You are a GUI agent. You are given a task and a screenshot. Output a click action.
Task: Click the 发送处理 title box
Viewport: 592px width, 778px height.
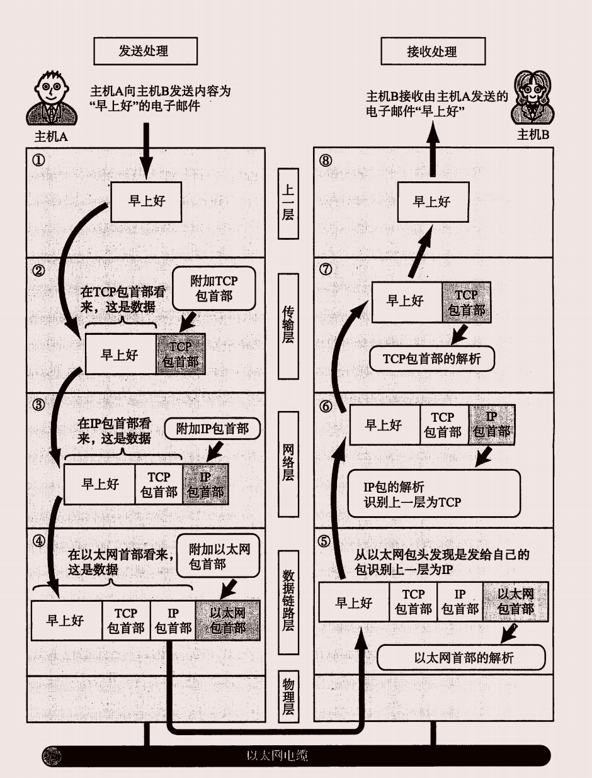pos(145,51)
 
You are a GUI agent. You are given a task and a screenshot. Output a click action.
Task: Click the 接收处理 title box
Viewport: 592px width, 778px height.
pos(433,51)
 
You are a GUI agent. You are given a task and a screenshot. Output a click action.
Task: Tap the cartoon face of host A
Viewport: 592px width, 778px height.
pos(52,90)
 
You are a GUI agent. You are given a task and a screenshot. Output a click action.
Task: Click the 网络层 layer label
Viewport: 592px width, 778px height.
pos(288,463)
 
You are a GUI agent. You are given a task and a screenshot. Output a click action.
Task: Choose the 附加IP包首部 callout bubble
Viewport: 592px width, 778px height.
pos(211,429)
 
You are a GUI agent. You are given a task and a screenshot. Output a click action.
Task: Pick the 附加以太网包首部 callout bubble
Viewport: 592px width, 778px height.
pos(219,556)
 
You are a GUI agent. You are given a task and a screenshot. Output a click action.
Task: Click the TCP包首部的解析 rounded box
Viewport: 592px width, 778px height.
pos(431,358)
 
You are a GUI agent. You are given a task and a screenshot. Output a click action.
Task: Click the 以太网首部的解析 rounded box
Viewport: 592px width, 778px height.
pos(460,658)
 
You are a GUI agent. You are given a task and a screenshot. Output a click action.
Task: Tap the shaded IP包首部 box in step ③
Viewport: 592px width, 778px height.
pos(205,484)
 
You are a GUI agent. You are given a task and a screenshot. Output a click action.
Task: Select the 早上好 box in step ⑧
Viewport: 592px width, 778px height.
pos(432,201)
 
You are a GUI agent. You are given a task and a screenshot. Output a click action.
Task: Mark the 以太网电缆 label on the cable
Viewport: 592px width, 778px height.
pos(278,755)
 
